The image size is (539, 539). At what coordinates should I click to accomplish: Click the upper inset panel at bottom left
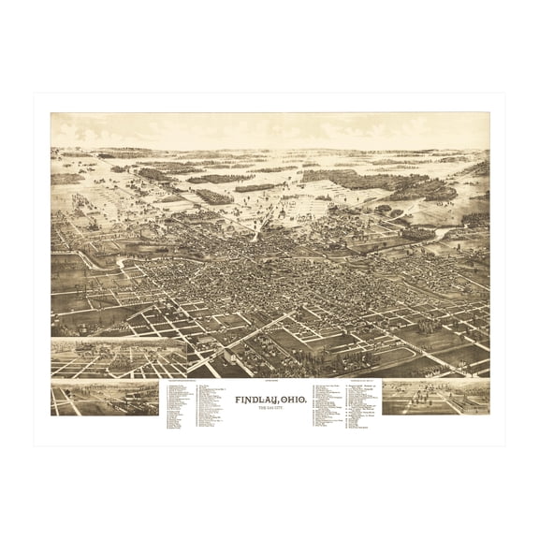pyautogui.click(x=118, y=358)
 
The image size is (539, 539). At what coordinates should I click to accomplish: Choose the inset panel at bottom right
pyautogui.click(x=435, y=397)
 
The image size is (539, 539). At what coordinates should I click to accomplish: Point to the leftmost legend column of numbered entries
pyautogui.click(x=181, y=407)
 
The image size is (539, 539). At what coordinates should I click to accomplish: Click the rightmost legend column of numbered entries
pyautogui.click(x=357, y=407)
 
